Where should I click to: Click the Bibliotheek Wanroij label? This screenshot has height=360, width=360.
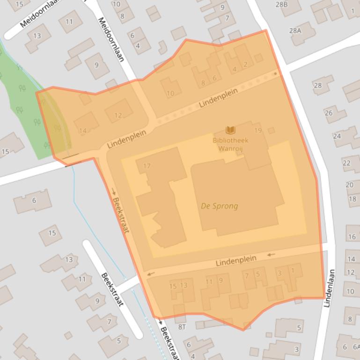230,144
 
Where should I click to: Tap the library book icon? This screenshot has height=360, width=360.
230,130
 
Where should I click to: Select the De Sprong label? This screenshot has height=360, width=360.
219,206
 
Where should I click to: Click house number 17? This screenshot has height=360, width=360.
147,166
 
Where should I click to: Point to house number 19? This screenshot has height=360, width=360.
258,131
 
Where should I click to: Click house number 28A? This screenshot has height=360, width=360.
295,30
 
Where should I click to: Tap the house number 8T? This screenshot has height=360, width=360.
182,327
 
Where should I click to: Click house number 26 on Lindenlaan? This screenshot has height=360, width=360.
329,113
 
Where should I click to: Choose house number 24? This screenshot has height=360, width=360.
337,136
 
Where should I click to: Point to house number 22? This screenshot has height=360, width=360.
347,163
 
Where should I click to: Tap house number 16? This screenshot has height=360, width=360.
352,237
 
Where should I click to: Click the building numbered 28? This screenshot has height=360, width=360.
318,85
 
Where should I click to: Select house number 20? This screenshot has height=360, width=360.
350,185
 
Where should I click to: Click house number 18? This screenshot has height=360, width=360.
352,199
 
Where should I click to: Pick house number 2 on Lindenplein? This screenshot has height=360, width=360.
245,64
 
